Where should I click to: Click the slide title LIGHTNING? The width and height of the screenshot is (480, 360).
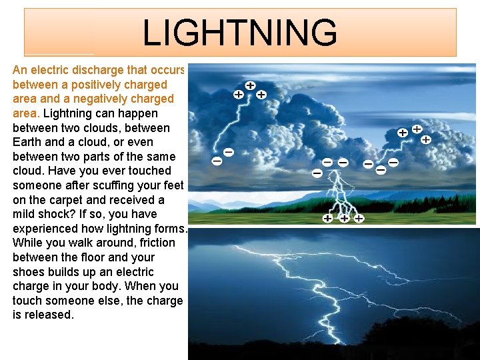click(240, 33)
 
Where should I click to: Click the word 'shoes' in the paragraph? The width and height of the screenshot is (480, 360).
click(29, 272)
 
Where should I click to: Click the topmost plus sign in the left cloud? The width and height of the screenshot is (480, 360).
click(249, 86)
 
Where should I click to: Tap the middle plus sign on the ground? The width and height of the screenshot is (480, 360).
click(344, 218)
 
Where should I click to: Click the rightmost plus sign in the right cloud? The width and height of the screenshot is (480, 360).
click(425, 140)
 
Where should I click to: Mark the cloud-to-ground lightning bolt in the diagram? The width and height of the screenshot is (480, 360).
click(340, 193)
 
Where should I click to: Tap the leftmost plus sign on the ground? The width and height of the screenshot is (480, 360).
click(328, 218)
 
